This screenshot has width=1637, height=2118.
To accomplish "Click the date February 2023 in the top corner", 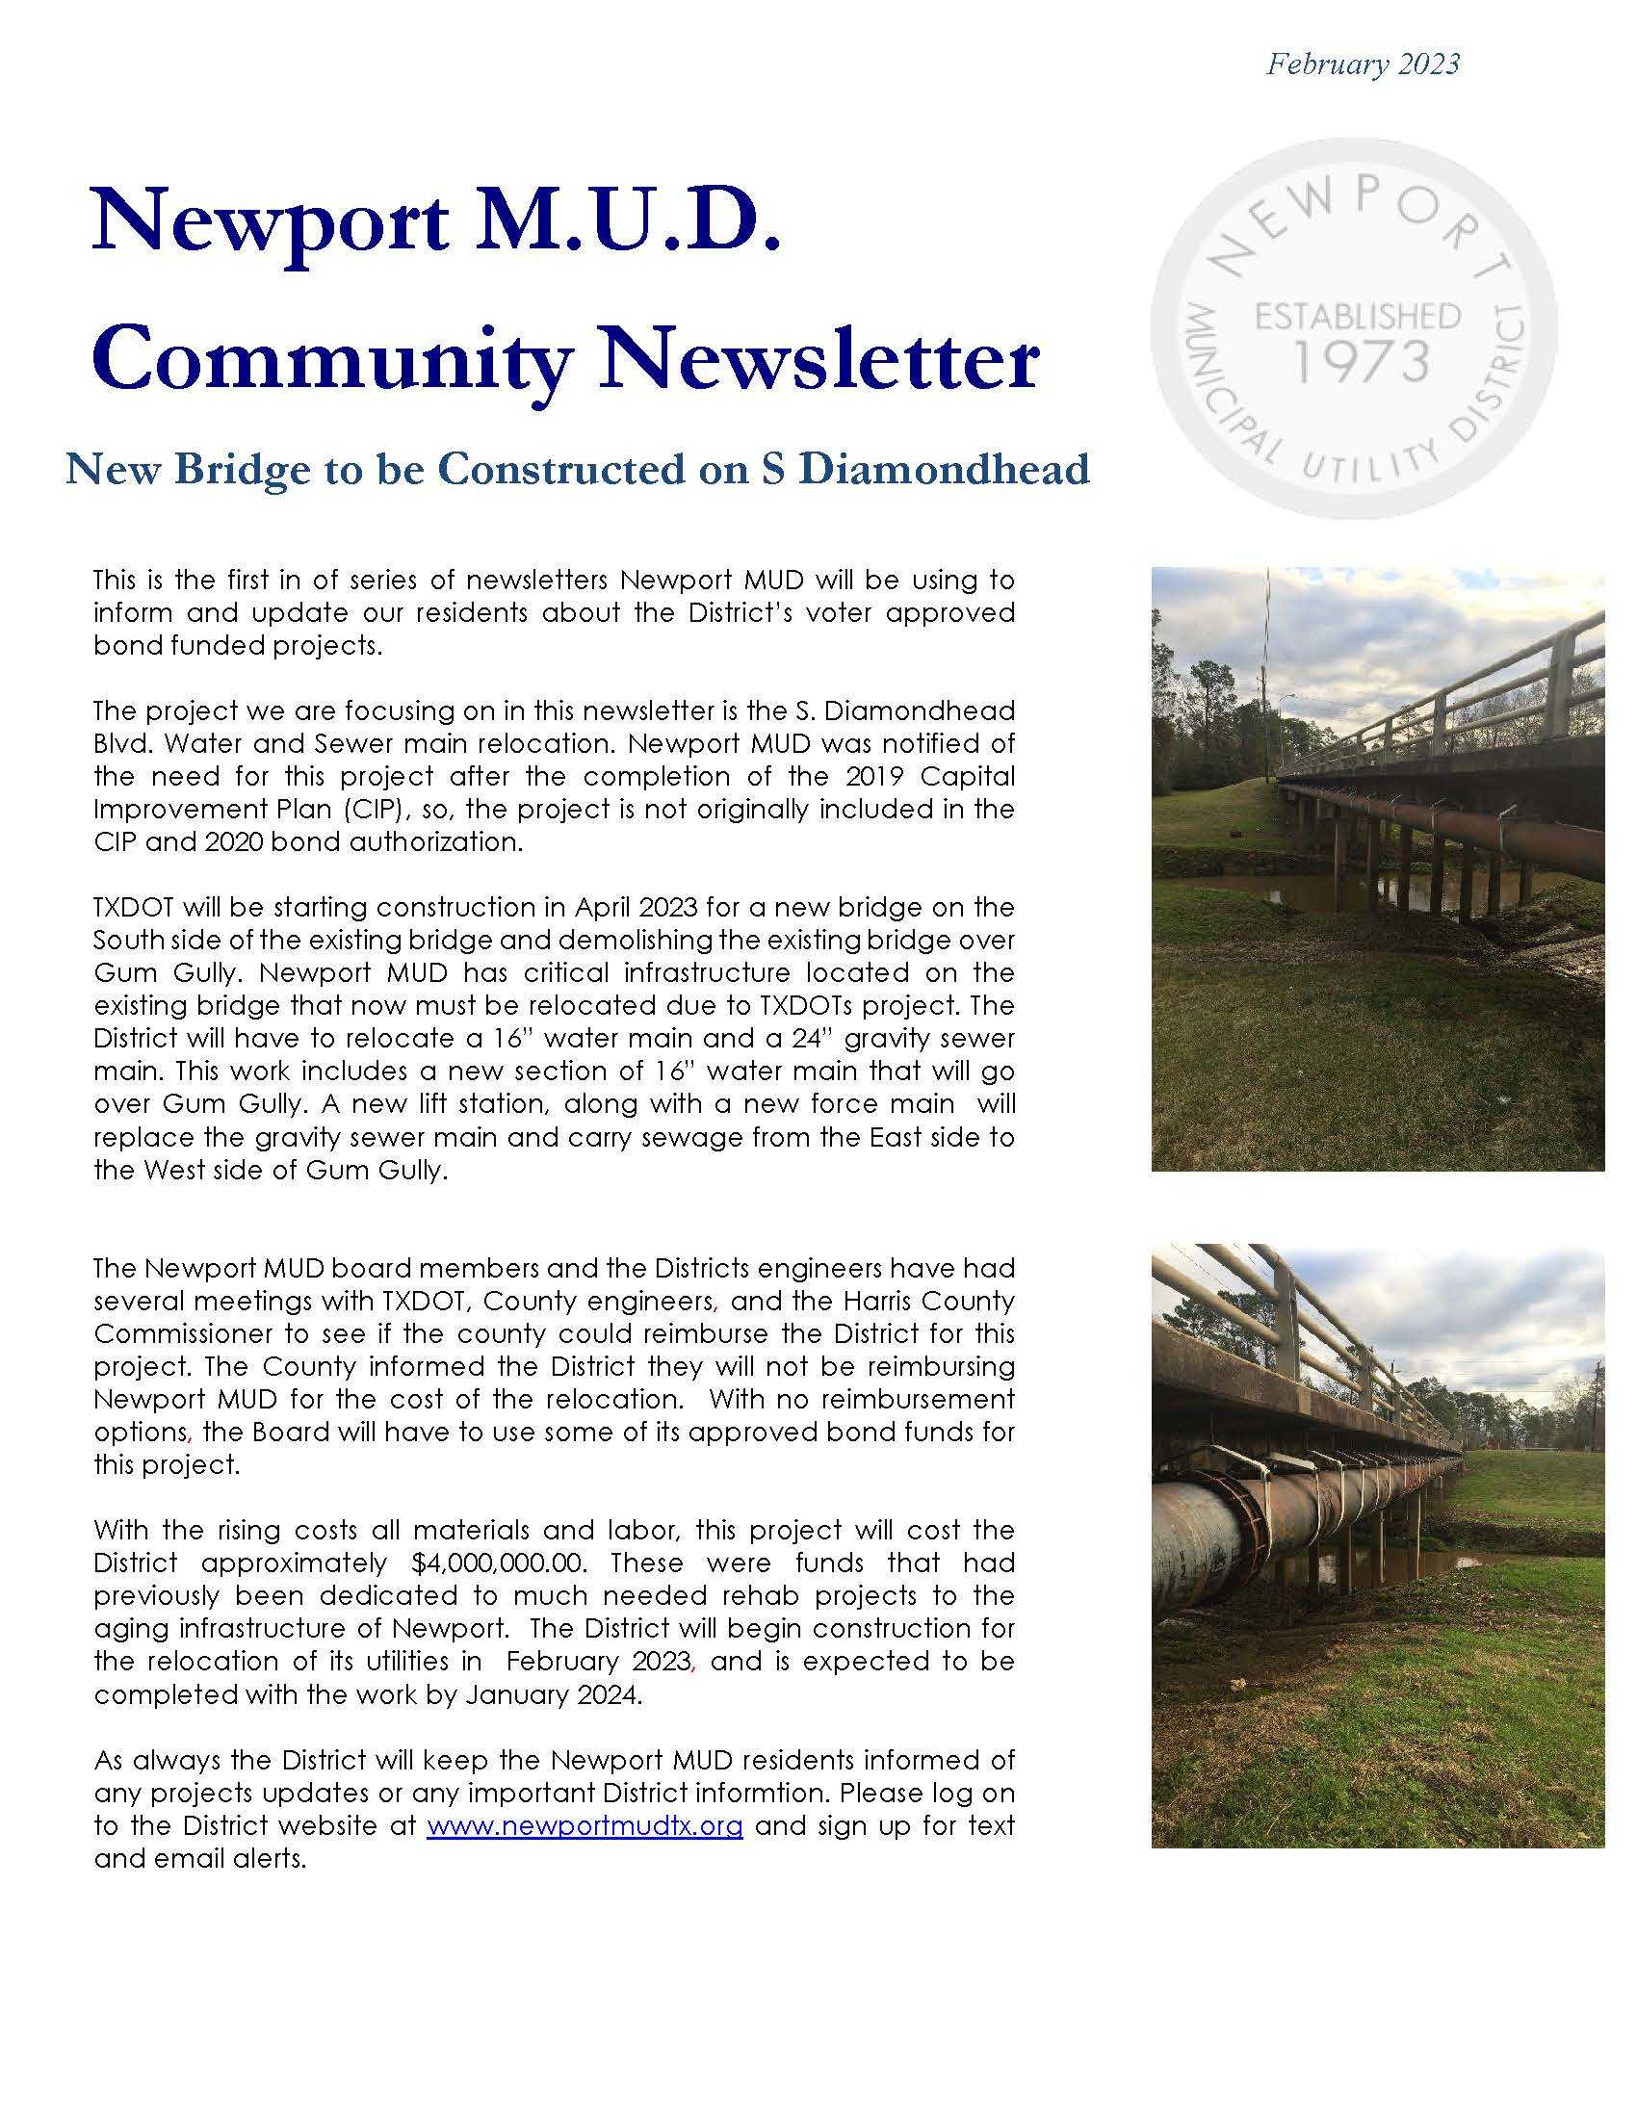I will (x=1363, y=64).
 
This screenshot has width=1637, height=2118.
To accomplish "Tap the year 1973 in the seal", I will (x=1362, y=362).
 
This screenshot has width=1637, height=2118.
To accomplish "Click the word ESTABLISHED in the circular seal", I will (x=1358, y=316).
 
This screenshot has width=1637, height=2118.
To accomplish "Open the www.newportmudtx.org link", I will (x=585, y=1825).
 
